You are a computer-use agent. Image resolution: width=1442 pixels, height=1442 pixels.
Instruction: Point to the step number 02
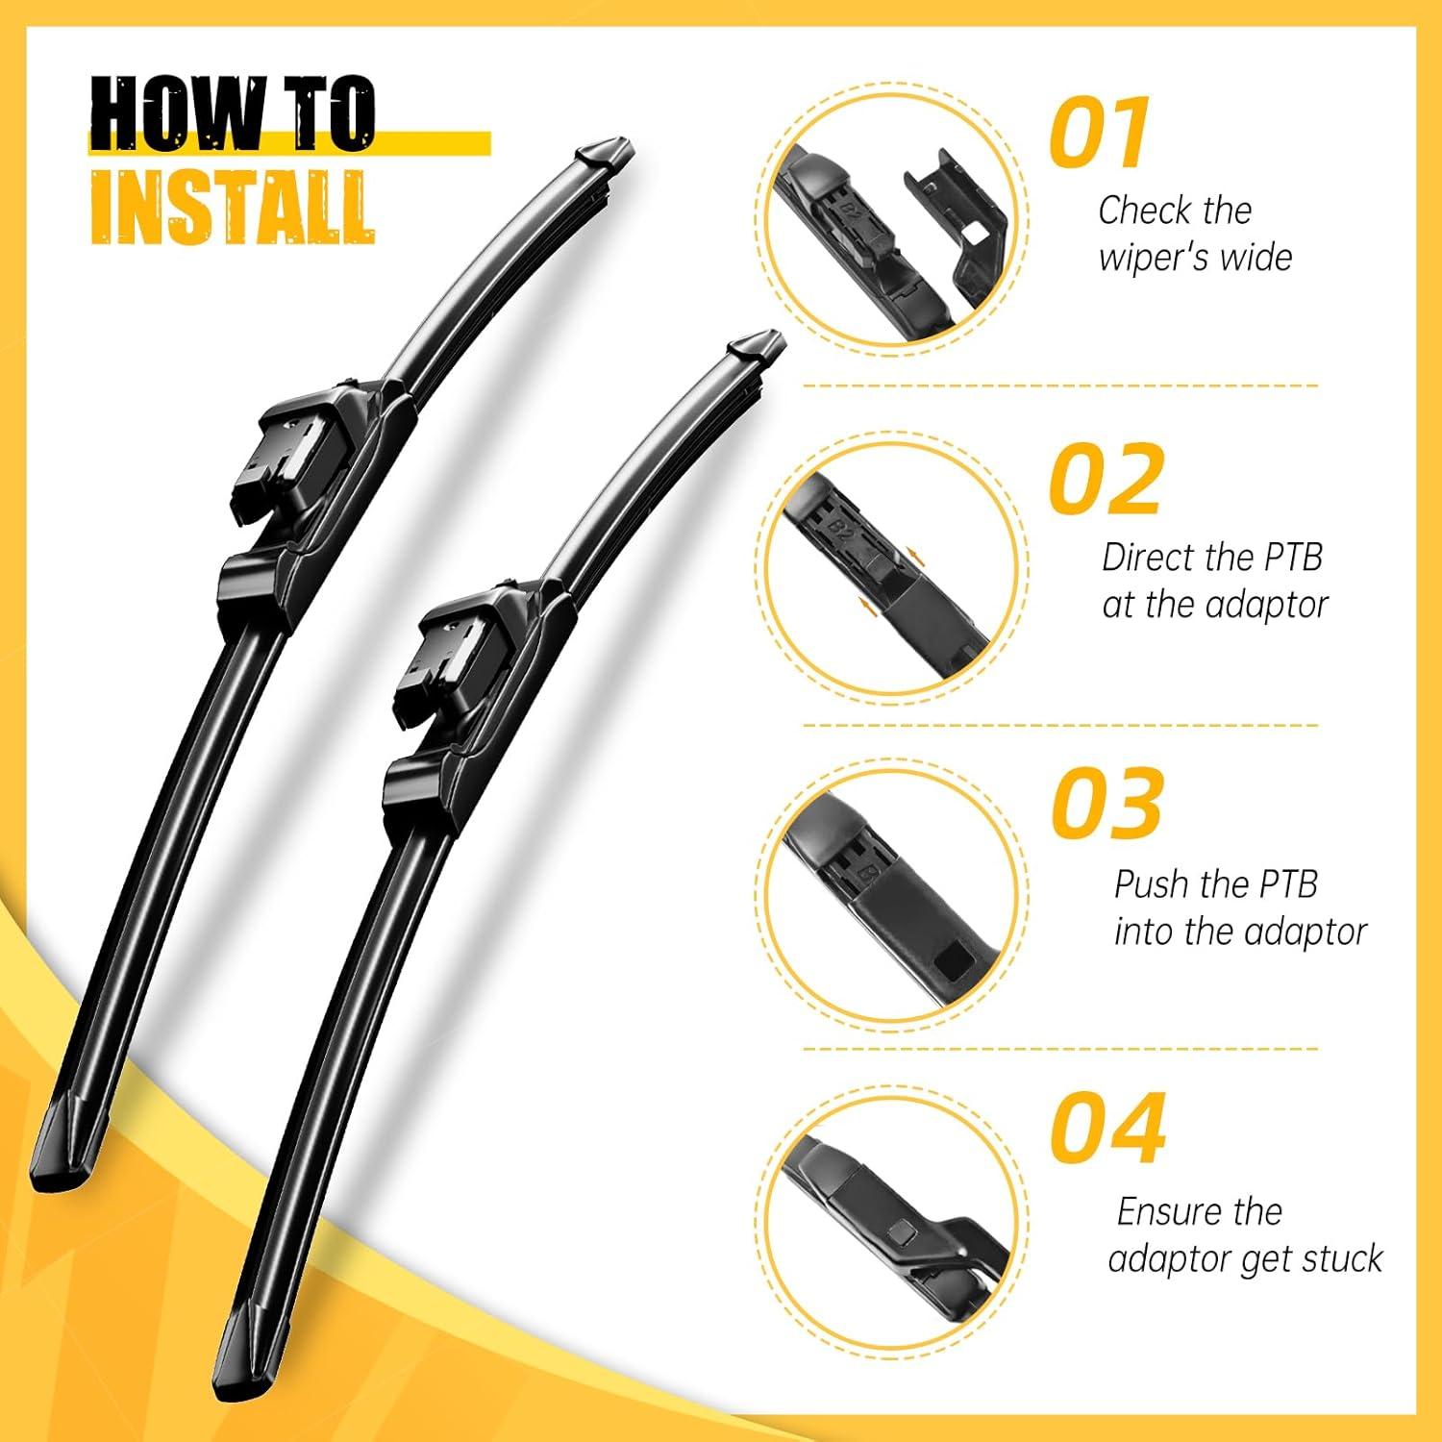(1106, 478)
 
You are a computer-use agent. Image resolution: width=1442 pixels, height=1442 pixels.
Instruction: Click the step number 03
(1106, 802)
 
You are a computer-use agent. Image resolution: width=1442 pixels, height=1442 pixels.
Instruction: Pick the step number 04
(1107, 1126)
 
